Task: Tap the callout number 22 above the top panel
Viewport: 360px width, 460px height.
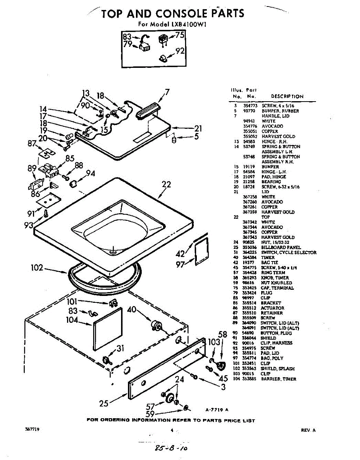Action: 166,184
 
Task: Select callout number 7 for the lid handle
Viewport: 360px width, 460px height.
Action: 167,92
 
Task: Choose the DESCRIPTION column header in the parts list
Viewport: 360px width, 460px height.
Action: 287,96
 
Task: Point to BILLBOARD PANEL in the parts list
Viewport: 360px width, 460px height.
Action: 281,248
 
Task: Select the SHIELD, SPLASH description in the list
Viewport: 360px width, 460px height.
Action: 278,369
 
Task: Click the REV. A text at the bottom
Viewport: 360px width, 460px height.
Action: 308,430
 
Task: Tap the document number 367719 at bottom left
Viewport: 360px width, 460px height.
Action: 32,430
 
